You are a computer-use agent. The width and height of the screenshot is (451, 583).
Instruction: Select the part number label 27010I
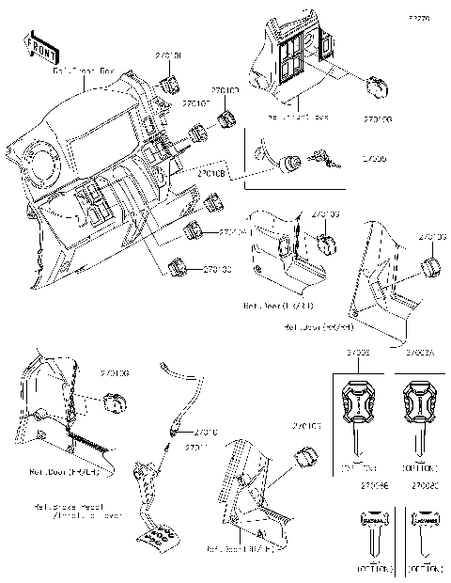pyautogui.click(x=168, y=57)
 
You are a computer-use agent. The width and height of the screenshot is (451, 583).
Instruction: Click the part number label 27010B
pyautogui.click(x=211, y=173)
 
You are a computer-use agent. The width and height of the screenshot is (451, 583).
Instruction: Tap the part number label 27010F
pyautogui.click(x=194, y=103)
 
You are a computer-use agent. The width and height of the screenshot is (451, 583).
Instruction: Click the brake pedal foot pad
pyautogui.click(x=157, y=537)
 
